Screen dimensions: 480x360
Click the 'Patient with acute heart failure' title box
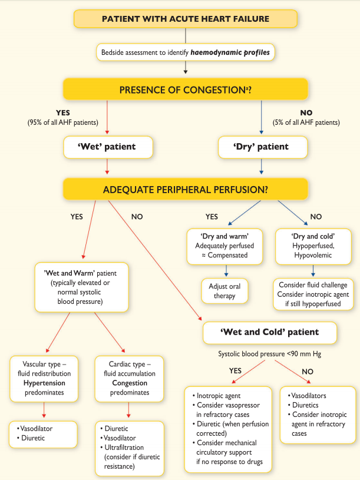coord(186,19)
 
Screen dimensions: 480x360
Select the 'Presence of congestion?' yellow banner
coord(186,90)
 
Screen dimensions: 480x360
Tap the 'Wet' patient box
coord(108,147)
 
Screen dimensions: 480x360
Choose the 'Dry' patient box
coord(262,147)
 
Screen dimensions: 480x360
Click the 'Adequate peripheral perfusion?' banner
coord(186,190)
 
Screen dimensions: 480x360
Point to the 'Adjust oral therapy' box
coord(226,291)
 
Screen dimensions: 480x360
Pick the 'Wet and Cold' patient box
coord(269,332)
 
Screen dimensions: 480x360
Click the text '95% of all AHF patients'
coord(62,123)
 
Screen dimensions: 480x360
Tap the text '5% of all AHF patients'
coord(306,123)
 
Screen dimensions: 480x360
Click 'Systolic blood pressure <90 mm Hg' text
coord(269,355)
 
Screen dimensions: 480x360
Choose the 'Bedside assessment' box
coord(186,52)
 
